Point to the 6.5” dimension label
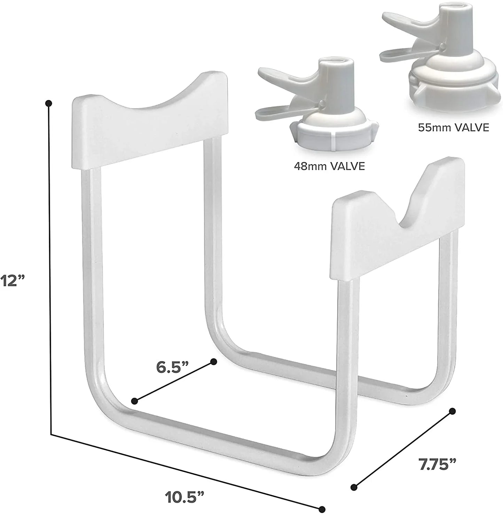coord(172,367)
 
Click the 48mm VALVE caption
coord(329,166)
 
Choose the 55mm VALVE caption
coord(454,128)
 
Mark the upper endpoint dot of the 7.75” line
coord(453,411)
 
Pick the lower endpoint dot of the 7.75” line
coord(354,487)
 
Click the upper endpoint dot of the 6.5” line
coord(214,362)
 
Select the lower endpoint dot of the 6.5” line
coord(135,401)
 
